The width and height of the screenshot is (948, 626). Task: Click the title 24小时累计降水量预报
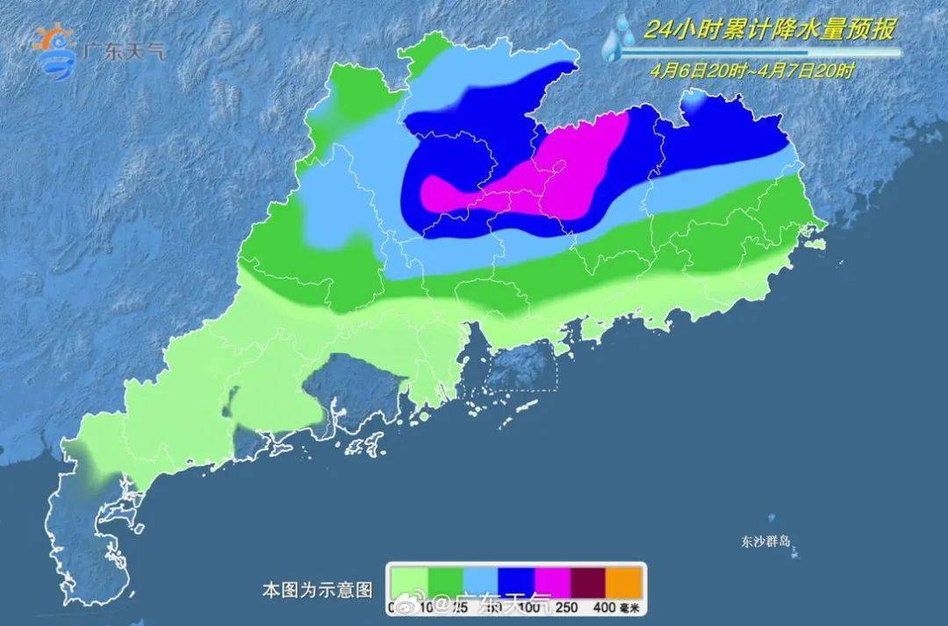769,30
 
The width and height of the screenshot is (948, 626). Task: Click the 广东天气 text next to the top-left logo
122,50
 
